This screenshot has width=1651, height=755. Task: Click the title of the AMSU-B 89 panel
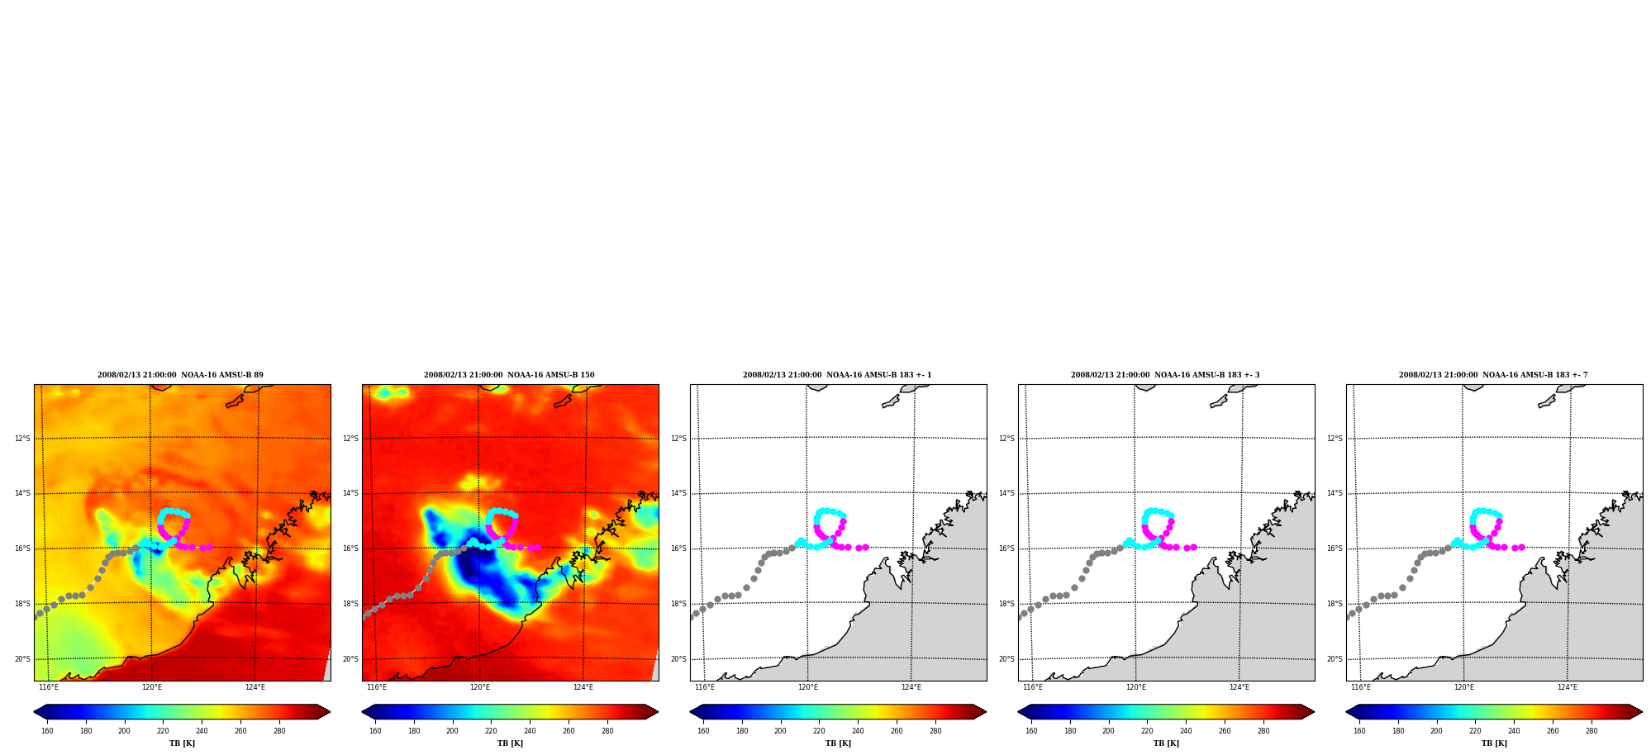(180, 375)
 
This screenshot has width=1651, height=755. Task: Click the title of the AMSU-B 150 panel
(509, 375)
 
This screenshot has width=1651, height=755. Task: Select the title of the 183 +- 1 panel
(837, 375)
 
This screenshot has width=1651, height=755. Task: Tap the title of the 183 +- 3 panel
(1165, 375)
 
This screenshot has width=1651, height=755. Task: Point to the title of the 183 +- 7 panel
(1493, 375)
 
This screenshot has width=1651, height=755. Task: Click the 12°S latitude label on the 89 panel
(22, 439)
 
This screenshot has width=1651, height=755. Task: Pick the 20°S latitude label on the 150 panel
(351, 659)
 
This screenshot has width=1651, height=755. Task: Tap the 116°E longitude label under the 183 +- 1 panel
(705, 687)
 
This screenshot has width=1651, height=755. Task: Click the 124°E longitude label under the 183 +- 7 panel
(1568, 687)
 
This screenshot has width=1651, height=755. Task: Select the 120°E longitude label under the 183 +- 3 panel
(1136, 687)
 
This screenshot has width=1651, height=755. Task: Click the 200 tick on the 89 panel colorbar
(124, 731)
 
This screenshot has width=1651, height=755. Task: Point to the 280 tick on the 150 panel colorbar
(607, 731)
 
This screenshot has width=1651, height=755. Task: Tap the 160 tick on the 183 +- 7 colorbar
(1359, 731)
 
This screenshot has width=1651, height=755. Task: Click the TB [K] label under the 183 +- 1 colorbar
(838, 743)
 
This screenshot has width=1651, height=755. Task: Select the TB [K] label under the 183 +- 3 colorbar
(1166, 743)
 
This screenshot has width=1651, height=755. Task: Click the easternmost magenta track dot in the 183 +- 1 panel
(865, 547)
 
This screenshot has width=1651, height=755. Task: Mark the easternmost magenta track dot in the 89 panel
(209, 547)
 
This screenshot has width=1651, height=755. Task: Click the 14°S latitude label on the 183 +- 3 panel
(1006, 493)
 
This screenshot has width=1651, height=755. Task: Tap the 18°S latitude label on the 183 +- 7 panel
(1335, 604)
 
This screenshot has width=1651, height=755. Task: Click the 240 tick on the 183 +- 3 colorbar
(1186, 731)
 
